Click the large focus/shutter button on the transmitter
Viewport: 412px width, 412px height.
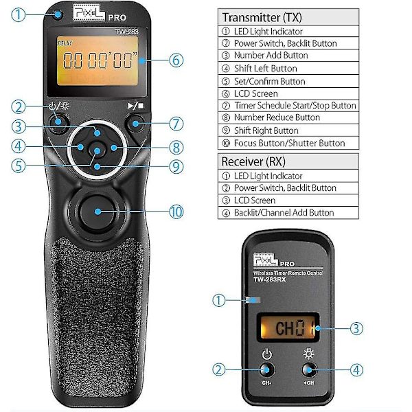point(98,211)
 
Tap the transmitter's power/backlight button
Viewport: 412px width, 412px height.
point(58,122)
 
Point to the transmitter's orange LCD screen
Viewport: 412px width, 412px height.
point(98,60)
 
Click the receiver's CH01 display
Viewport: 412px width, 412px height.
point(288,328)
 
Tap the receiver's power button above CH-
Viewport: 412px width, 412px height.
point(266,370)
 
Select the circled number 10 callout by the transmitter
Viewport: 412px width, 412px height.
point(176,211)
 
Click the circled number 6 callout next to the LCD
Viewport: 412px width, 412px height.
point(176,60)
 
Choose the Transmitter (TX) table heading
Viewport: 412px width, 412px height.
point(262,18)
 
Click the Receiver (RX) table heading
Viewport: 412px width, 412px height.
point(253,161)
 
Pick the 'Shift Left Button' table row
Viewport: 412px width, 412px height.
point(288,68)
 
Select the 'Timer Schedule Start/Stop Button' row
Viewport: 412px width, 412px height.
point(288,106)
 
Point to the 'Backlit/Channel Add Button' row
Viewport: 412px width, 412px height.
point(288,213)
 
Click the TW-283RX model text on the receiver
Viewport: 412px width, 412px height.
point(269,279)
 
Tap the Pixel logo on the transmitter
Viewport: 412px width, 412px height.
point(89,12)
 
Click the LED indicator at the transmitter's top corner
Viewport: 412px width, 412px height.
point(58,14)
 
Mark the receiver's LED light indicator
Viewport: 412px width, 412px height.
point(253,300)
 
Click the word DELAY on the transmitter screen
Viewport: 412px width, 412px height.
point(65,43)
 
